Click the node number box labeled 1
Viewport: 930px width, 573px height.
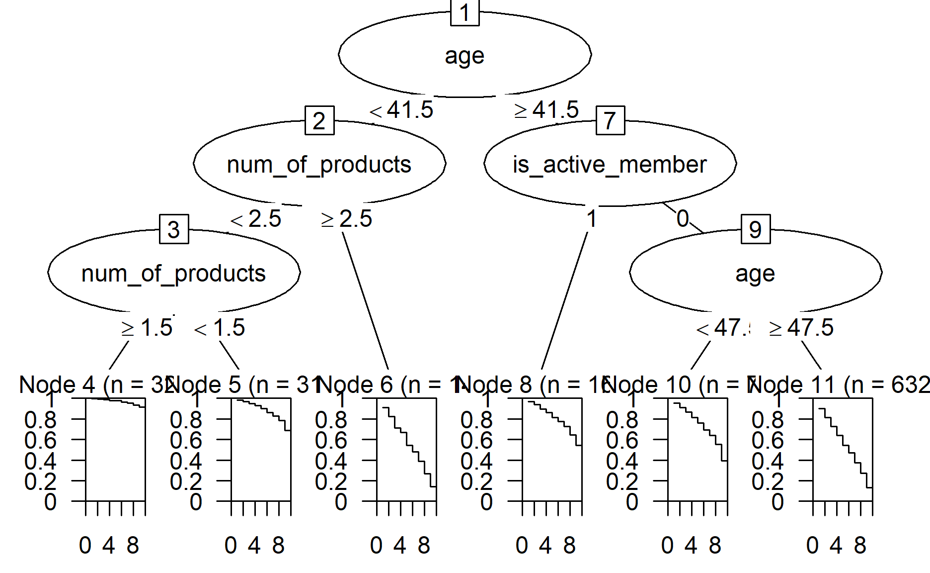pyautogui.click(x=465, y=12)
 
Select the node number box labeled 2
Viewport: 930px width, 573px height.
pyautogui.click(x=319, y=120)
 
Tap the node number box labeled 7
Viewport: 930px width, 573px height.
pyautogui.click(x=610, y=120)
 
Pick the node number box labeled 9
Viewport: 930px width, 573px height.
pyautogui.click(x=755, y=229)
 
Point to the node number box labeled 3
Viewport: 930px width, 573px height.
pyautogui.click(x=174, y=229)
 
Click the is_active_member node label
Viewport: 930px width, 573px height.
pyautogui.click(x=610, y=165)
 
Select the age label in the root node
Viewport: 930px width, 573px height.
pyautogui.click(x=465, y=56)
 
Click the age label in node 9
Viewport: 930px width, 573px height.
pyautogui.click(x=755, y=274)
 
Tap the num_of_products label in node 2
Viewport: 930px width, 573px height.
pyautogui.click(x=319, y=165)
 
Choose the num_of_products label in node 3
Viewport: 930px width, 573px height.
pyautogui.click(x=173, y=274)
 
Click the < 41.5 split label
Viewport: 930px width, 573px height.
pyautogui.click(x=401, y=110)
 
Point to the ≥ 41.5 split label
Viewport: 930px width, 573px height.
pyautogui.click(x=546, y=110)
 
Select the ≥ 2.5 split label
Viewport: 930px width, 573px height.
pyautogui.click(x=346, y=219)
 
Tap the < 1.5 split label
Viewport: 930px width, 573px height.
pyautogui.click(x=220, y=328)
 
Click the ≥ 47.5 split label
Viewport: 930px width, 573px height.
pyautogui.click(x=801, y=328)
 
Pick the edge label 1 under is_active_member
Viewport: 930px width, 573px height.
pyautogui.click(x=591, y=219)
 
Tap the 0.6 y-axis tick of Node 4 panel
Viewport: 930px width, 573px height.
pyautogui.click(x=41, y=441)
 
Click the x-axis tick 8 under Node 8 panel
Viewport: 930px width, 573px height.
pyautogui.click(x=569, y=546)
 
